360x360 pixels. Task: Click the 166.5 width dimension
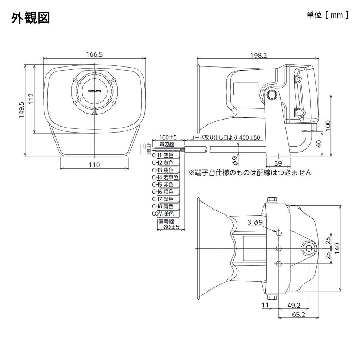click(x=94, y=54)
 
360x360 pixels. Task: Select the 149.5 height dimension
click(x=21, y=110)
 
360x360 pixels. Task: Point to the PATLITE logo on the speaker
click(x=94, y=91)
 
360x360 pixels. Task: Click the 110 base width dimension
click(x=94, y=165)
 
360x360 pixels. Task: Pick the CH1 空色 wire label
click(x=162, y=155)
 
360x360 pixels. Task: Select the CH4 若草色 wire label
click(x=164, y=177)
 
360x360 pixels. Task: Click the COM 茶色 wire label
click(x=162, y=214)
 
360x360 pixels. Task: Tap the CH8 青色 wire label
click(x=162, y=206)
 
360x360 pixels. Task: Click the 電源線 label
click(x=167, y=144)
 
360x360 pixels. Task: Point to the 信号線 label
click(x=166, y=221)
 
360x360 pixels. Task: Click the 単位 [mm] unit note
click(x=327, y=15)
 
